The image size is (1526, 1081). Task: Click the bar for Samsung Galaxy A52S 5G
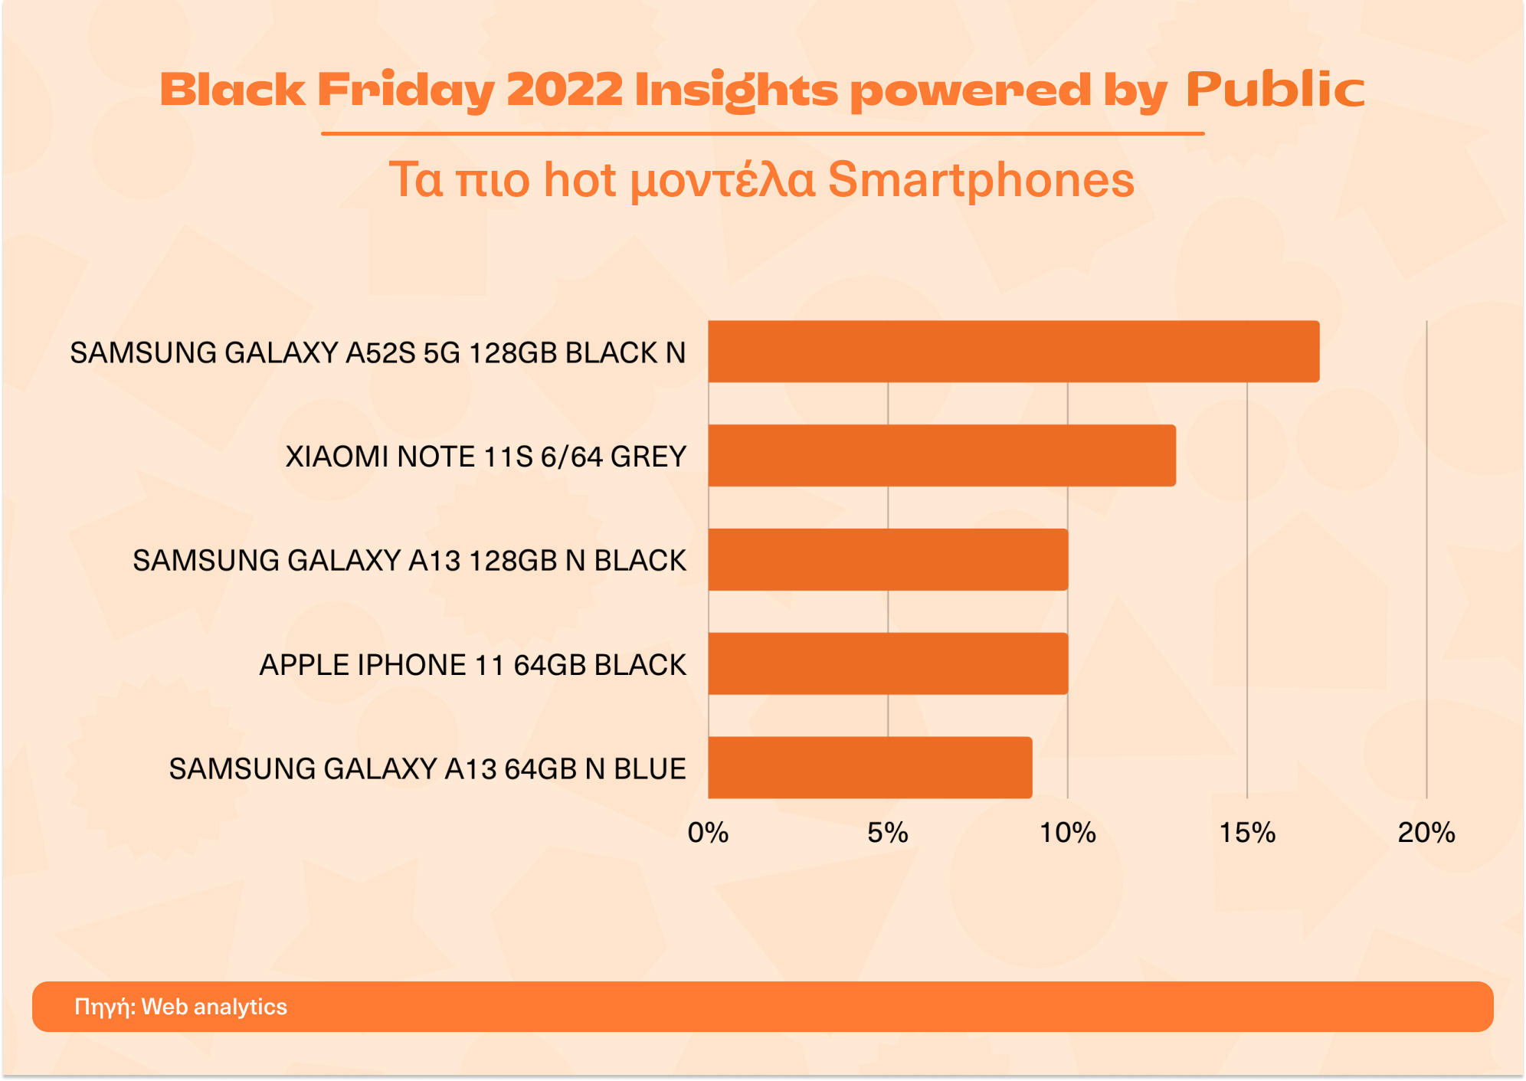[1013, 352]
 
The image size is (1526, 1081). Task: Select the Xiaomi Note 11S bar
[941, 456]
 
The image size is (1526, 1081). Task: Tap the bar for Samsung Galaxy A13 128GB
[888, 559]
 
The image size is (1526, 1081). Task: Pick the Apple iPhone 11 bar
[888, 663]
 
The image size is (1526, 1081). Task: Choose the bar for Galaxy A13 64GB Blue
[869, 768]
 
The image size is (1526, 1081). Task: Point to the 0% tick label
[708, 833]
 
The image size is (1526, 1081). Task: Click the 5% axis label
[888, 833]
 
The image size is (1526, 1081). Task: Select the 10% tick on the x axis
[1067, 833]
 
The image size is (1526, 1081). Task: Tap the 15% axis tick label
[1247, 833]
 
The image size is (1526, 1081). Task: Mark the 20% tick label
[1426, 833]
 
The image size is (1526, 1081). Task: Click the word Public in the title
[1275, 90]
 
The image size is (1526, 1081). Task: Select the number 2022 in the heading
[565, 90]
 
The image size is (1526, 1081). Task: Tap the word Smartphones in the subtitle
[981, 180]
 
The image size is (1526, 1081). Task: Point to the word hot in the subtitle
[579, 180]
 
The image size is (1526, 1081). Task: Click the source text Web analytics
[214, 1007]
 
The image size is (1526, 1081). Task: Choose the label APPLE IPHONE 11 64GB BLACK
[473, 664]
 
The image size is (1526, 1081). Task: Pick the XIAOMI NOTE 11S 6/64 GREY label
[486, 457]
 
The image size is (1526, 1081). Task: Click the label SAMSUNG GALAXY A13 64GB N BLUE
[427, 768]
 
